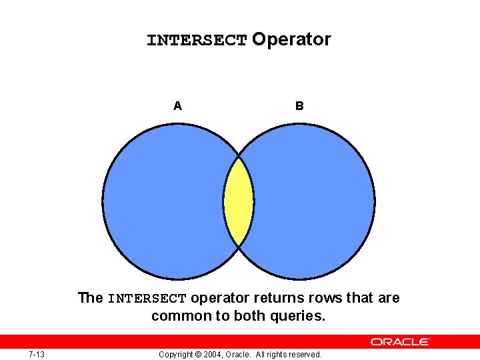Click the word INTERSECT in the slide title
[197, 41]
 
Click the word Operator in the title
[291, 40]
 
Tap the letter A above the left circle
[177, 105]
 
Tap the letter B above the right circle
[299, 105]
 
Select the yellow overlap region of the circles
[239, 201]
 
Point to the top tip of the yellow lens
[239, 157]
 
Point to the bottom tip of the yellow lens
[239, 246]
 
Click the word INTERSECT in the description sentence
[147, 299]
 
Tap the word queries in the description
[298, 316]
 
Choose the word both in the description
[249, 316]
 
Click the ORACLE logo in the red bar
[400, 341]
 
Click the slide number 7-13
[37, 354]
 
